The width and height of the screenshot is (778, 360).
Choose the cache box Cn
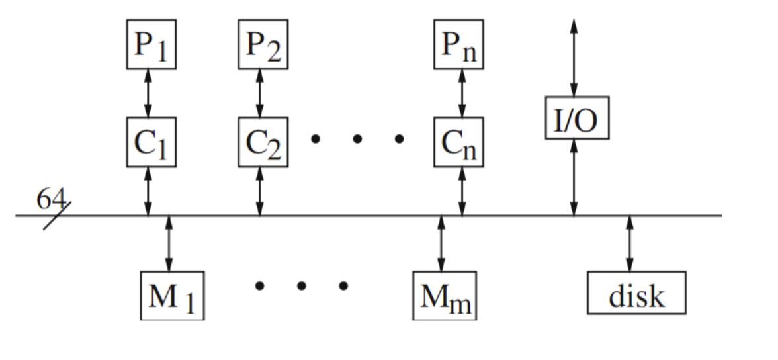pyautogui.click(x=458, y=142)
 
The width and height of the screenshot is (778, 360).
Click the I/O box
pyautogui.click(x=577, y=117)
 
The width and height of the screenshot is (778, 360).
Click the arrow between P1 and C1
pyautogui.click(x=148, y=93)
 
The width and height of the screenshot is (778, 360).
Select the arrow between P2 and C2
pyautogui.click(x=260, y=93)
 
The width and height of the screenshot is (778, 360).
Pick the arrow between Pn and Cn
pyautogui.click(x=461, y=93)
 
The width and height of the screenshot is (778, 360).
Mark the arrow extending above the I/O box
pyautogui.click(x=574, y=56)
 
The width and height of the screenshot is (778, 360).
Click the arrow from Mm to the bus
pyautogui.click(x=441, y=244)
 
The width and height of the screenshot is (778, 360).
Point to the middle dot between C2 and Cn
pyautogui.click(x=357, y=140)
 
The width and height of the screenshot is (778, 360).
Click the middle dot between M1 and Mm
pyautogui.click(x=302, y=286)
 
